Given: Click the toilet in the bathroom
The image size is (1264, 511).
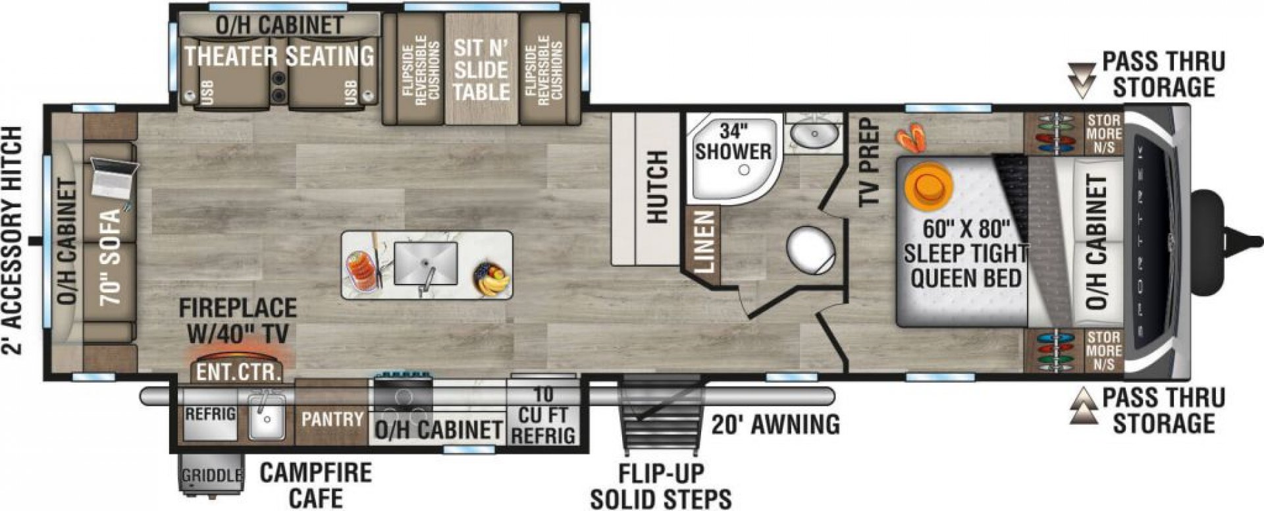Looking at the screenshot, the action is coord(811,251).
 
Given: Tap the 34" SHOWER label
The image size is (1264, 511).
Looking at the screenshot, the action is coord(733,141).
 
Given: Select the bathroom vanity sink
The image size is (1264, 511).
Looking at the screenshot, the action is coord(814,134).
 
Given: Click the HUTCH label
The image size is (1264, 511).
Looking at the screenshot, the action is coord(656,188).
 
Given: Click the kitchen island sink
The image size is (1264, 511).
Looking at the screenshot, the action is coord(426,263).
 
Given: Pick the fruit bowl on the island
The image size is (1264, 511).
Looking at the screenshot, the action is coord(491,279).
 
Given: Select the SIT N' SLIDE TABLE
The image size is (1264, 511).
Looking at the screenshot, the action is coord(481,68).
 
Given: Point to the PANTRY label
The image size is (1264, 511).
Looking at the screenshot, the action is coord(332,419).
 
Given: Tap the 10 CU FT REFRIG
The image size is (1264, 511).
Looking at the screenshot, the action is coord(543,415).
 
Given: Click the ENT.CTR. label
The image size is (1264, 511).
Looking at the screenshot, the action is coord(237,373).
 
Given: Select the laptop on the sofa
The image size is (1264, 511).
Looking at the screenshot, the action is coord(113,177).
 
